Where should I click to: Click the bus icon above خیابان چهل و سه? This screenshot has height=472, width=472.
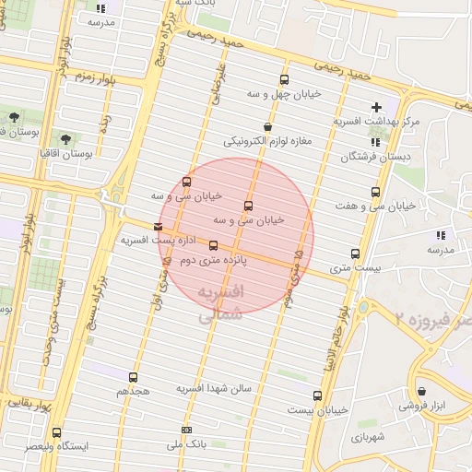[x=283, y=79]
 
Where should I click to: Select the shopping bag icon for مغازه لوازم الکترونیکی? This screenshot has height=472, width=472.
[x=267, y=127]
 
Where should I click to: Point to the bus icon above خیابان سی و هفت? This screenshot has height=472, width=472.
[x=375, y=192]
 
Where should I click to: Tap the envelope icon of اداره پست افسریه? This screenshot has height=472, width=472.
[x=159, y=226]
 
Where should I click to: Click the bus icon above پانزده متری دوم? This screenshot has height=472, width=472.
[x=214, y=245]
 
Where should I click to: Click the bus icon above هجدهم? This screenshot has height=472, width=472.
[x=134, y=377]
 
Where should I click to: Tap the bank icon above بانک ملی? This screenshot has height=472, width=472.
[x=187, y=430]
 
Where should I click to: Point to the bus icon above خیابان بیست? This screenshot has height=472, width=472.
[x=318, y=395]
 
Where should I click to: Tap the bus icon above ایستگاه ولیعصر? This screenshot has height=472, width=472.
[x=57, y=432]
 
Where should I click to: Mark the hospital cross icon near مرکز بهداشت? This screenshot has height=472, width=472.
[x=376, y=107]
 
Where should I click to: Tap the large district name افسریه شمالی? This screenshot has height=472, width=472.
[x=219, y=303]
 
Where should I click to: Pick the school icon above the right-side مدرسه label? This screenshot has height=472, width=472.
[x=440, y=235]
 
